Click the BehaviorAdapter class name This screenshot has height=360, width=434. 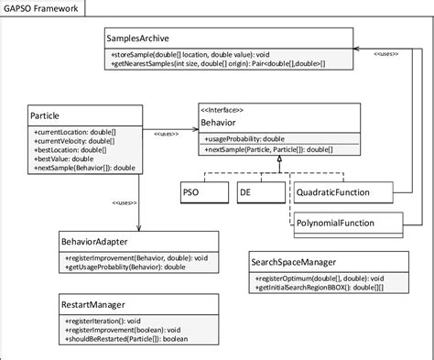point(95,242)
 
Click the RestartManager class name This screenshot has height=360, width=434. point(92,303)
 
